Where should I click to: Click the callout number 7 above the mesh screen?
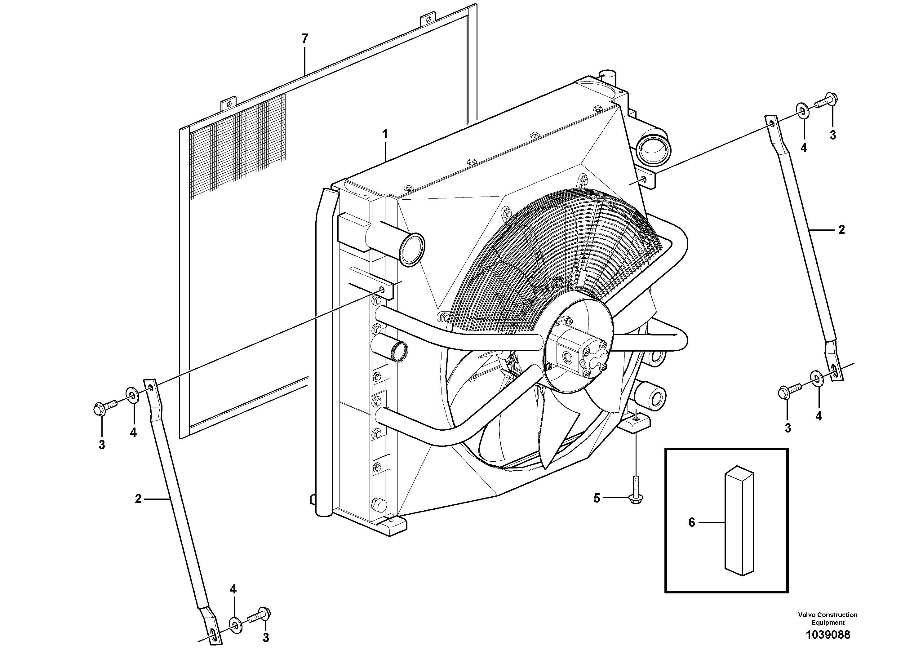pos(305,39)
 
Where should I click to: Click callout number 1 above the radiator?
pos(385,134)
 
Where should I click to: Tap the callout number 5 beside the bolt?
pos(597,499)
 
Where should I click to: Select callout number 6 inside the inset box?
pos(691,523)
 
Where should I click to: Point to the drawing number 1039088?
pos(828,635)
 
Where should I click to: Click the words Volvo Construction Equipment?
pos(828,619)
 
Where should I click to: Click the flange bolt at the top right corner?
pos(826,100)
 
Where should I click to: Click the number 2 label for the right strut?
pos(841,230)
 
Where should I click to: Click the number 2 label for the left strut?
pos(138,499)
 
